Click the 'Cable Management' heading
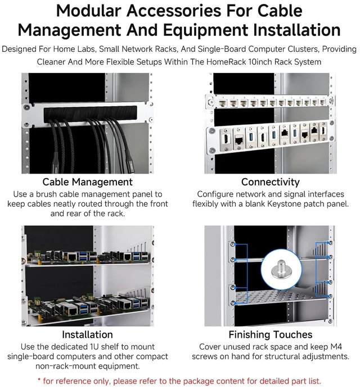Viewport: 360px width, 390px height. tap(87, 182)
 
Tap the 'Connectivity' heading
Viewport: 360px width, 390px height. tap(271, 182)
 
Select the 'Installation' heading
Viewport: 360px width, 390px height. tap(87, 334)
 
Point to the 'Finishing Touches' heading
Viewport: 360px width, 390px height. tap(271, 335)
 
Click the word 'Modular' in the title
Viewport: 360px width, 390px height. tap(89, 11)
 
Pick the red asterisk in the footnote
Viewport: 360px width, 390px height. tap(39, 380)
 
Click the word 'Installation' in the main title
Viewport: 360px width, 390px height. tap(297, 30)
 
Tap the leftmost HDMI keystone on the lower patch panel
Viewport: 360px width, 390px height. tap(227, 139)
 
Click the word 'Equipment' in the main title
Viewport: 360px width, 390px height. tap(205, 31)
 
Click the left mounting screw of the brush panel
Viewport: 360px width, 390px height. tap(26, 107)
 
